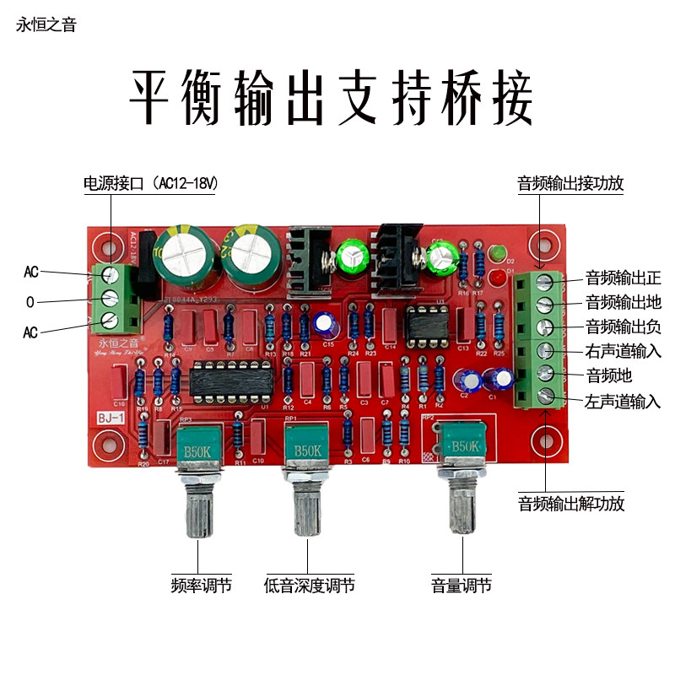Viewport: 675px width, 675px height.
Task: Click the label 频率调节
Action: point(201,585)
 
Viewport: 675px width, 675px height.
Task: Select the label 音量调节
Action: point(462,585)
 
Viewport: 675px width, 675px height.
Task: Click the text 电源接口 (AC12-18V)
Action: point(150,182)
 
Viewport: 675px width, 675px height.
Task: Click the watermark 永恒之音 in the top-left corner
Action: point(46,25)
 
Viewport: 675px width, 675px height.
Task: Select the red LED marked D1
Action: point(498,277)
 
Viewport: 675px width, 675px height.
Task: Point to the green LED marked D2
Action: point(498,251)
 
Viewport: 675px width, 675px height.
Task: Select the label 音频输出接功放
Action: point(570,182)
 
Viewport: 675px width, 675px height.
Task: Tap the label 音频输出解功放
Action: point(570,504)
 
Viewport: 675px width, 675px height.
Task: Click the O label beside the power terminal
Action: point(30,301)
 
